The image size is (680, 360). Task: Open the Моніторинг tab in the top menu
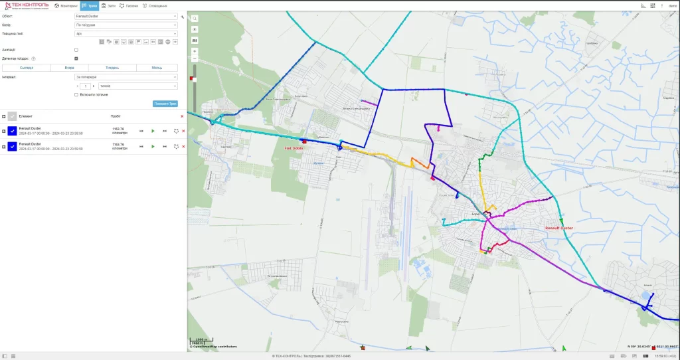tap(66, 5)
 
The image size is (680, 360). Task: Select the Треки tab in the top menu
tap(90, 5)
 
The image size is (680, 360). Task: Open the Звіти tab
tap(108, 5)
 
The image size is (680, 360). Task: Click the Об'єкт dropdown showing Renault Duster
tap(126, 16)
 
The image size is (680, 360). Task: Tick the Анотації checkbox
tap(76, 50)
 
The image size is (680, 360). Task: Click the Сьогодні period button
tap(27, 68)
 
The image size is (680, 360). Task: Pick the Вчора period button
tap(70, 68)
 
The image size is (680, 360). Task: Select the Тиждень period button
tap(113, 68)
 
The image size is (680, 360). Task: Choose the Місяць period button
tap(157, 68)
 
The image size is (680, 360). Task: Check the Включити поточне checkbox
tap(76, 94)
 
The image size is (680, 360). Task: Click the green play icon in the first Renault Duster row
tap(153, 131)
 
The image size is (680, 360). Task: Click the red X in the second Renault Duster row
tap(183, 147)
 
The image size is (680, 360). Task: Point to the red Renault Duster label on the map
tap(558, 228)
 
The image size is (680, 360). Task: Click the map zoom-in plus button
tap(194, 50)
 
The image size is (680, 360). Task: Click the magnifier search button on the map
tap(194, 19)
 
